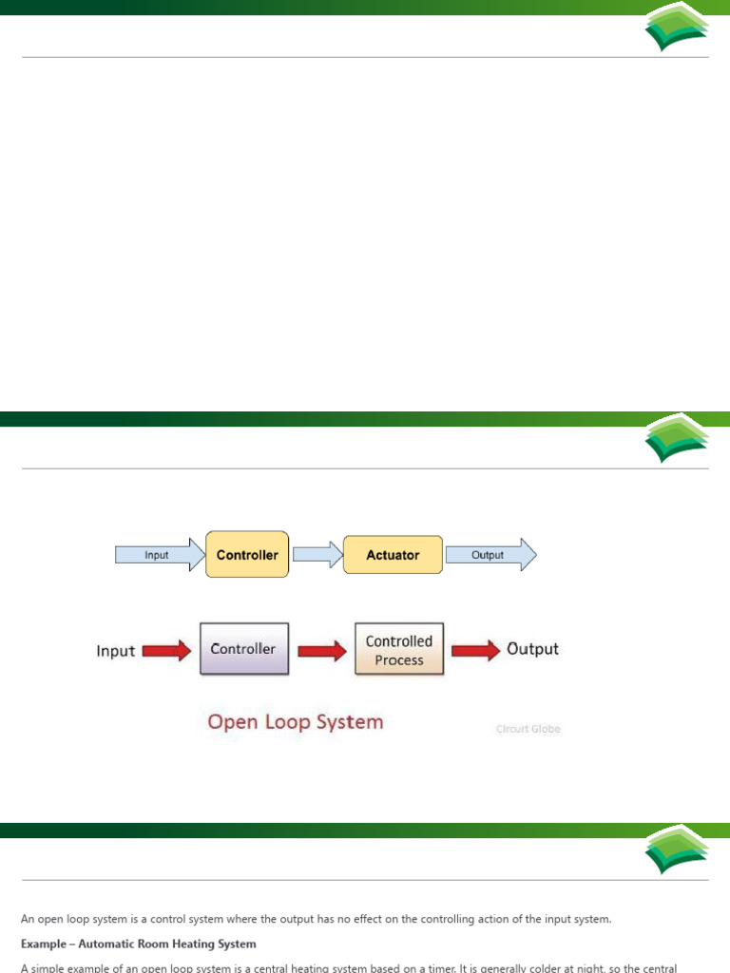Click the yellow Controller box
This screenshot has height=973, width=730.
coord(247,555)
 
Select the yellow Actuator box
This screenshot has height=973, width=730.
coord(393,555)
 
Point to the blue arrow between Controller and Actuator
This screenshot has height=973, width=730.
coord(317,555)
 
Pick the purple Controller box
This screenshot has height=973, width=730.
coord(243,649)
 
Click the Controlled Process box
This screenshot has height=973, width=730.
coord(398,650)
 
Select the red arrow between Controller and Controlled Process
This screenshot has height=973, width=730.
coord(321,651)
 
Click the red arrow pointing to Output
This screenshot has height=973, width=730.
coord(475,651)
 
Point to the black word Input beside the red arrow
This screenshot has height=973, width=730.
coord(116,652)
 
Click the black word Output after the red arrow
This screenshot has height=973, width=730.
coord(533,650)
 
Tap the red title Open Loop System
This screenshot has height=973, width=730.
coord(296,722)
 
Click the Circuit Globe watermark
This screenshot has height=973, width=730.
coord(529,730)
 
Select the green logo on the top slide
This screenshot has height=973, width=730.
coord(676,32)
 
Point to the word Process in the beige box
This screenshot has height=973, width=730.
coord(399,660)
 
